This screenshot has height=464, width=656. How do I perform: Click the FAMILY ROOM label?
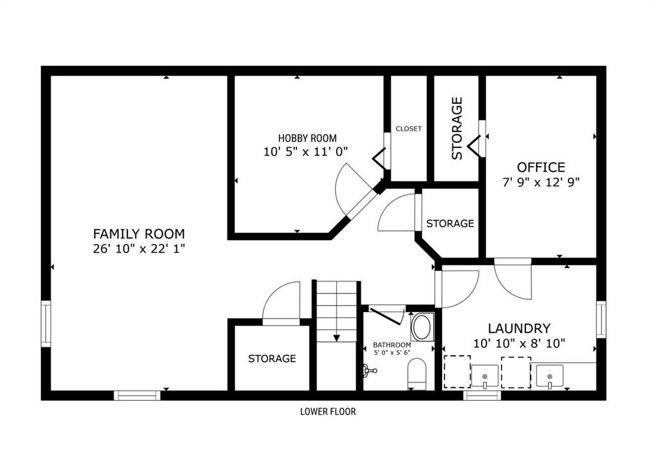pyautogui.click(x=139, y=233)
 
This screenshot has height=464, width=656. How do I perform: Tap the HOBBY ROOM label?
pyautogui.click(x=307, y=138)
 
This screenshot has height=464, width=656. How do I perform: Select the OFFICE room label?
pyautogui.click(x=541, y=167)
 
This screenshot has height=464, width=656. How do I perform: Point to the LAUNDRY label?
pyautogui.click(x=519, y=328)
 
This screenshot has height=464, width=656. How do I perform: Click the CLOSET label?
pyautogui.click(x=409, y=129)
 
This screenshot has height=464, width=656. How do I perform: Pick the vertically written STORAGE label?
pyautogui.click(x=457, y=128)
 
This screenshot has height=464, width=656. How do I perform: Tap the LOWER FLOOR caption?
pyautogui.click(x=328, y=411)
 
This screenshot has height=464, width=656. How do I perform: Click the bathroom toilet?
pyautogui.click(x=416, y=374)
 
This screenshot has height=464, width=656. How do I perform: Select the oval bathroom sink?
pyautogui.click(x=422, y=327)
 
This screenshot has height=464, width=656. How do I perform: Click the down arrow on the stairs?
pyautogui.click(x=336, y=338)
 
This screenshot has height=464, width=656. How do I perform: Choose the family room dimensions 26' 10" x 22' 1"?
pyautogui.click(x=139, y=249)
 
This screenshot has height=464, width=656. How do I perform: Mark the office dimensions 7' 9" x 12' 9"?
pyautogui.click(x=541, y=183)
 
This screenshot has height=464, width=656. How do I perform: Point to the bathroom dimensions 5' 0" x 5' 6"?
pyautogui.click(x=392, y=352)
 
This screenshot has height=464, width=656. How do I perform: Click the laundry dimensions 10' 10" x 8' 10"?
pyautogui.click(x=519, y=344)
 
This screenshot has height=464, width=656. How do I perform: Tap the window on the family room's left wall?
pyautogui.click(x=45, y=324)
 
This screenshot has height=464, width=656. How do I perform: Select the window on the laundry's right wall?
pyautogui.click(x=601, y=319)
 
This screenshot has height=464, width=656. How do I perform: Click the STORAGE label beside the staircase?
pyautogui.click(x=272, y=358)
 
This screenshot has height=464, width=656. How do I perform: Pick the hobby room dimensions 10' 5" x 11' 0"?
pyautogui.click(x=306, y=151)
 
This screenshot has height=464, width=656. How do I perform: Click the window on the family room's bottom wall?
pyautogui.click(x=137, y=395)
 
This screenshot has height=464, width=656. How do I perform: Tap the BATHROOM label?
pyautogui.click(x=392, y=345)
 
